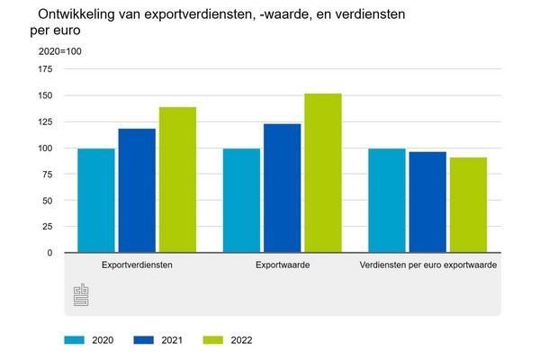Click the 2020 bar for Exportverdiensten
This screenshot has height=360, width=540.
95,201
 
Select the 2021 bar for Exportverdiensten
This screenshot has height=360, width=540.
137,191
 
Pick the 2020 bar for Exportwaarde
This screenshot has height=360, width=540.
241,201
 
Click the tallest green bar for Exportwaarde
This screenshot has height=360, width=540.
323,173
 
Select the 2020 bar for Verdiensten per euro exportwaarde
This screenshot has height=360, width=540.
387,201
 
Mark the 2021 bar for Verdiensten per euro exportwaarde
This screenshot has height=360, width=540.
427,202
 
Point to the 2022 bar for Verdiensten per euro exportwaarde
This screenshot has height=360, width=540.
468,205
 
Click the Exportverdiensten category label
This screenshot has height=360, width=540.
137,265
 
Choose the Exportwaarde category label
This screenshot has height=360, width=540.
283,265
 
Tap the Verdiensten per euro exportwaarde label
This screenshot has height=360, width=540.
427,265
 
